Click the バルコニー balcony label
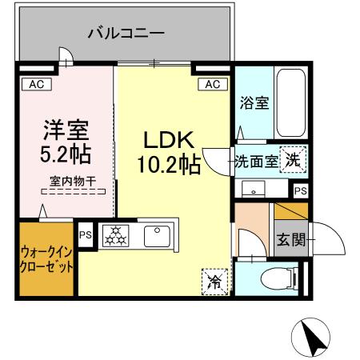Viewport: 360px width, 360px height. (126, 34)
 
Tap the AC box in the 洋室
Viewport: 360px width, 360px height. (36, 83)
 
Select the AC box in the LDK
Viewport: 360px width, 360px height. (211, 83)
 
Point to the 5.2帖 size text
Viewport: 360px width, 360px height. (66, 152)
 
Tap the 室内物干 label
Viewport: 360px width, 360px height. (73, 181)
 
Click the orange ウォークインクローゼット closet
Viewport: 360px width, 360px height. (46, 260)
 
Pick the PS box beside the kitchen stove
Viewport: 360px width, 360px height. (86, 235)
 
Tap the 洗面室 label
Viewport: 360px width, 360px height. (256, 160)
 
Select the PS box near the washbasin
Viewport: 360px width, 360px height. (299, 190)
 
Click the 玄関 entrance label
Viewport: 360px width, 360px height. (290, 240)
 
